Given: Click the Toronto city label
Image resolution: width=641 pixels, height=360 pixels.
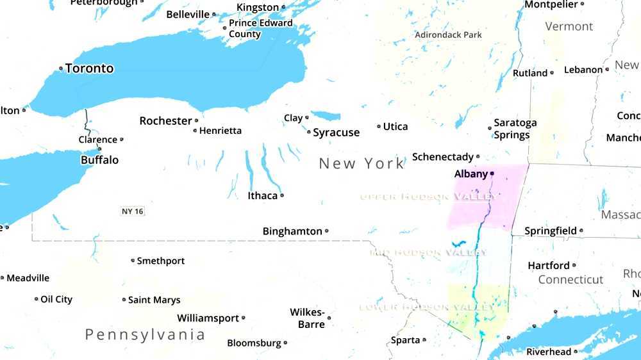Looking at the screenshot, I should [x=90, y=69].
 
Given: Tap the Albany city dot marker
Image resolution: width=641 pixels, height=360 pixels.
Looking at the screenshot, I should [x=492, y=174].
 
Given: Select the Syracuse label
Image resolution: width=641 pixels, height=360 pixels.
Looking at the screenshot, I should [x=337, y=133].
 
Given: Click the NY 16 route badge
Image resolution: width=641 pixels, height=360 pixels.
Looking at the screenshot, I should [x=132, y=211].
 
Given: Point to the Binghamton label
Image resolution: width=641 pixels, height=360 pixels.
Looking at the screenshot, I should [x=292, y=231].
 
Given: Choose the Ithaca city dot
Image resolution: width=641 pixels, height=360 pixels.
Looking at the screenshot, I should [x=282, y=195].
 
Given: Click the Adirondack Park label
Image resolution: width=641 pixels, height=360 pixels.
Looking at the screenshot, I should [x=448, y=35].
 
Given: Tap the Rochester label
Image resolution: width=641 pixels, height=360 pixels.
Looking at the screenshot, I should [x=165, y=121].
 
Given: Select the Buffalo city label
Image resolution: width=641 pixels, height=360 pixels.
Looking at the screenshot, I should [x=99, y=160].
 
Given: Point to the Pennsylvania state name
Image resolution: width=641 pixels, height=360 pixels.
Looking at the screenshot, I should [x=146, y=334].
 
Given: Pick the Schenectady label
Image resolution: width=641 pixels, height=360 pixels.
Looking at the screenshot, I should [x=442, y=157].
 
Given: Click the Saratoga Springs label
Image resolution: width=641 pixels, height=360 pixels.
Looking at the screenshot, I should [x=515, y=129].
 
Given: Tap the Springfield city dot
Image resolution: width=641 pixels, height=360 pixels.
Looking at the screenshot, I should [x=581, y=231].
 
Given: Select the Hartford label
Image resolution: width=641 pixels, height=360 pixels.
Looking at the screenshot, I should [x=548, y=265].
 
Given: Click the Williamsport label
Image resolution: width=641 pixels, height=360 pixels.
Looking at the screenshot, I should [x=208, y=318].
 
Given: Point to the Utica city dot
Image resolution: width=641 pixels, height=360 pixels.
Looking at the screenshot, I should [x=379, y=127].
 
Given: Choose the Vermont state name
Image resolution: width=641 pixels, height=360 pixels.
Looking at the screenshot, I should [x=569, y=26].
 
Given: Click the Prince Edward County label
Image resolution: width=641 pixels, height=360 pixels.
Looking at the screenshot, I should [x=260, y=28].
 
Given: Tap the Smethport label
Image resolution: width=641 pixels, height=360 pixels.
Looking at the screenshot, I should [x=161, y=261].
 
